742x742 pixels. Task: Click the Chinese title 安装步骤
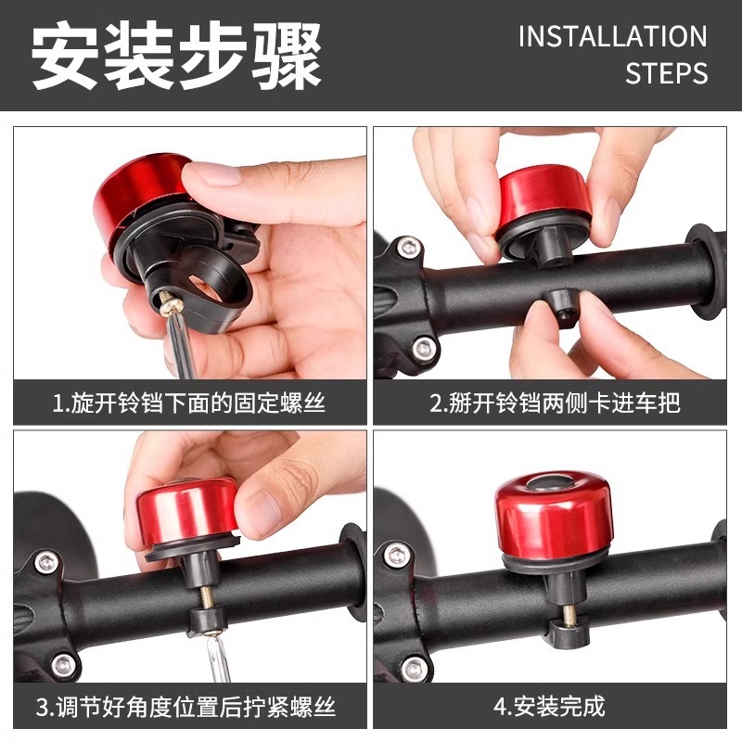[x=177, y=55]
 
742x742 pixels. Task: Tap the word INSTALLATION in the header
[x=612, y=37]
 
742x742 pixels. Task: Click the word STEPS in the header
[x=666, y=73]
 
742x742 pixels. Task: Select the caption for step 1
[x=189, y=403]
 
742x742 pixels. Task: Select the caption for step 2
[x=555, y=403]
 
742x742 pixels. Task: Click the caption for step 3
[x=189, y=708]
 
